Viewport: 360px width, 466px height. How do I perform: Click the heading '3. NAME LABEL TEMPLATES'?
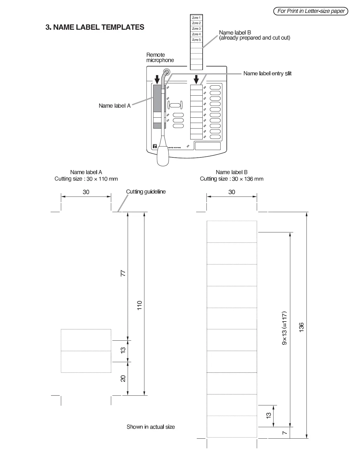(95, 27)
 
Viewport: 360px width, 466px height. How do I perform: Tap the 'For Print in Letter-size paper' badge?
(311, 11)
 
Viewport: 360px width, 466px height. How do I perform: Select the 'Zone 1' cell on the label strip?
(196, 18)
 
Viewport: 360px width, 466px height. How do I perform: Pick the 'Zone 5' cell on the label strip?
(196, 40)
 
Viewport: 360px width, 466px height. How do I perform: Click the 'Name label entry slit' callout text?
(267, 74)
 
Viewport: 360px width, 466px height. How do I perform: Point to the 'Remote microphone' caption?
(160, 57)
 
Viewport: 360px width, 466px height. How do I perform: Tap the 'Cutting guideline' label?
(146, 192)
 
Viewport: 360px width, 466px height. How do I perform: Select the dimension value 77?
(123, 273)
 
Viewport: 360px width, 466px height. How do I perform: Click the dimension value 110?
(140, 305)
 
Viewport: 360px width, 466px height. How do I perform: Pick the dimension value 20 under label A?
(123, 379)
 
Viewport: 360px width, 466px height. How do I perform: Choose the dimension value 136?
(301, 327)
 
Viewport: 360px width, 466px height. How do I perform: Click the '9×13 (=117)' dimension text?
(284, 328)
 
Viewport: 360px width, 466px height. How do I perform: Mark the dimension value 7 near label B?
(284, 433)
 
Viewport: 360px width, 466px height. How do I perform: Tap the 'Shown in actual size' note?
(151, 427)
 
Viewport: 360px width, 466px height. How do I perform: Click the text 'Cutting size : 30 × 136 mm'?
(231, 179)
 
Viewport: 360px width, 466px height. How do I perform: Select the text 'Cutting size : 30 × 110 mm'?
(86, 179)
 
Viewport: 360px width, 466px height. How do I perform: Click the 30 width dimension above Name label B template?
(232, 192)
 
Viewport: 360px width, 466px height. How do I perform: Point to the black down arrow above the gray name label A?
(157, 79)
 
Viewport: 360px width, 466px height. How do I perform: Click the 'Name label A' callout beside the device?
(114, 106)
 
